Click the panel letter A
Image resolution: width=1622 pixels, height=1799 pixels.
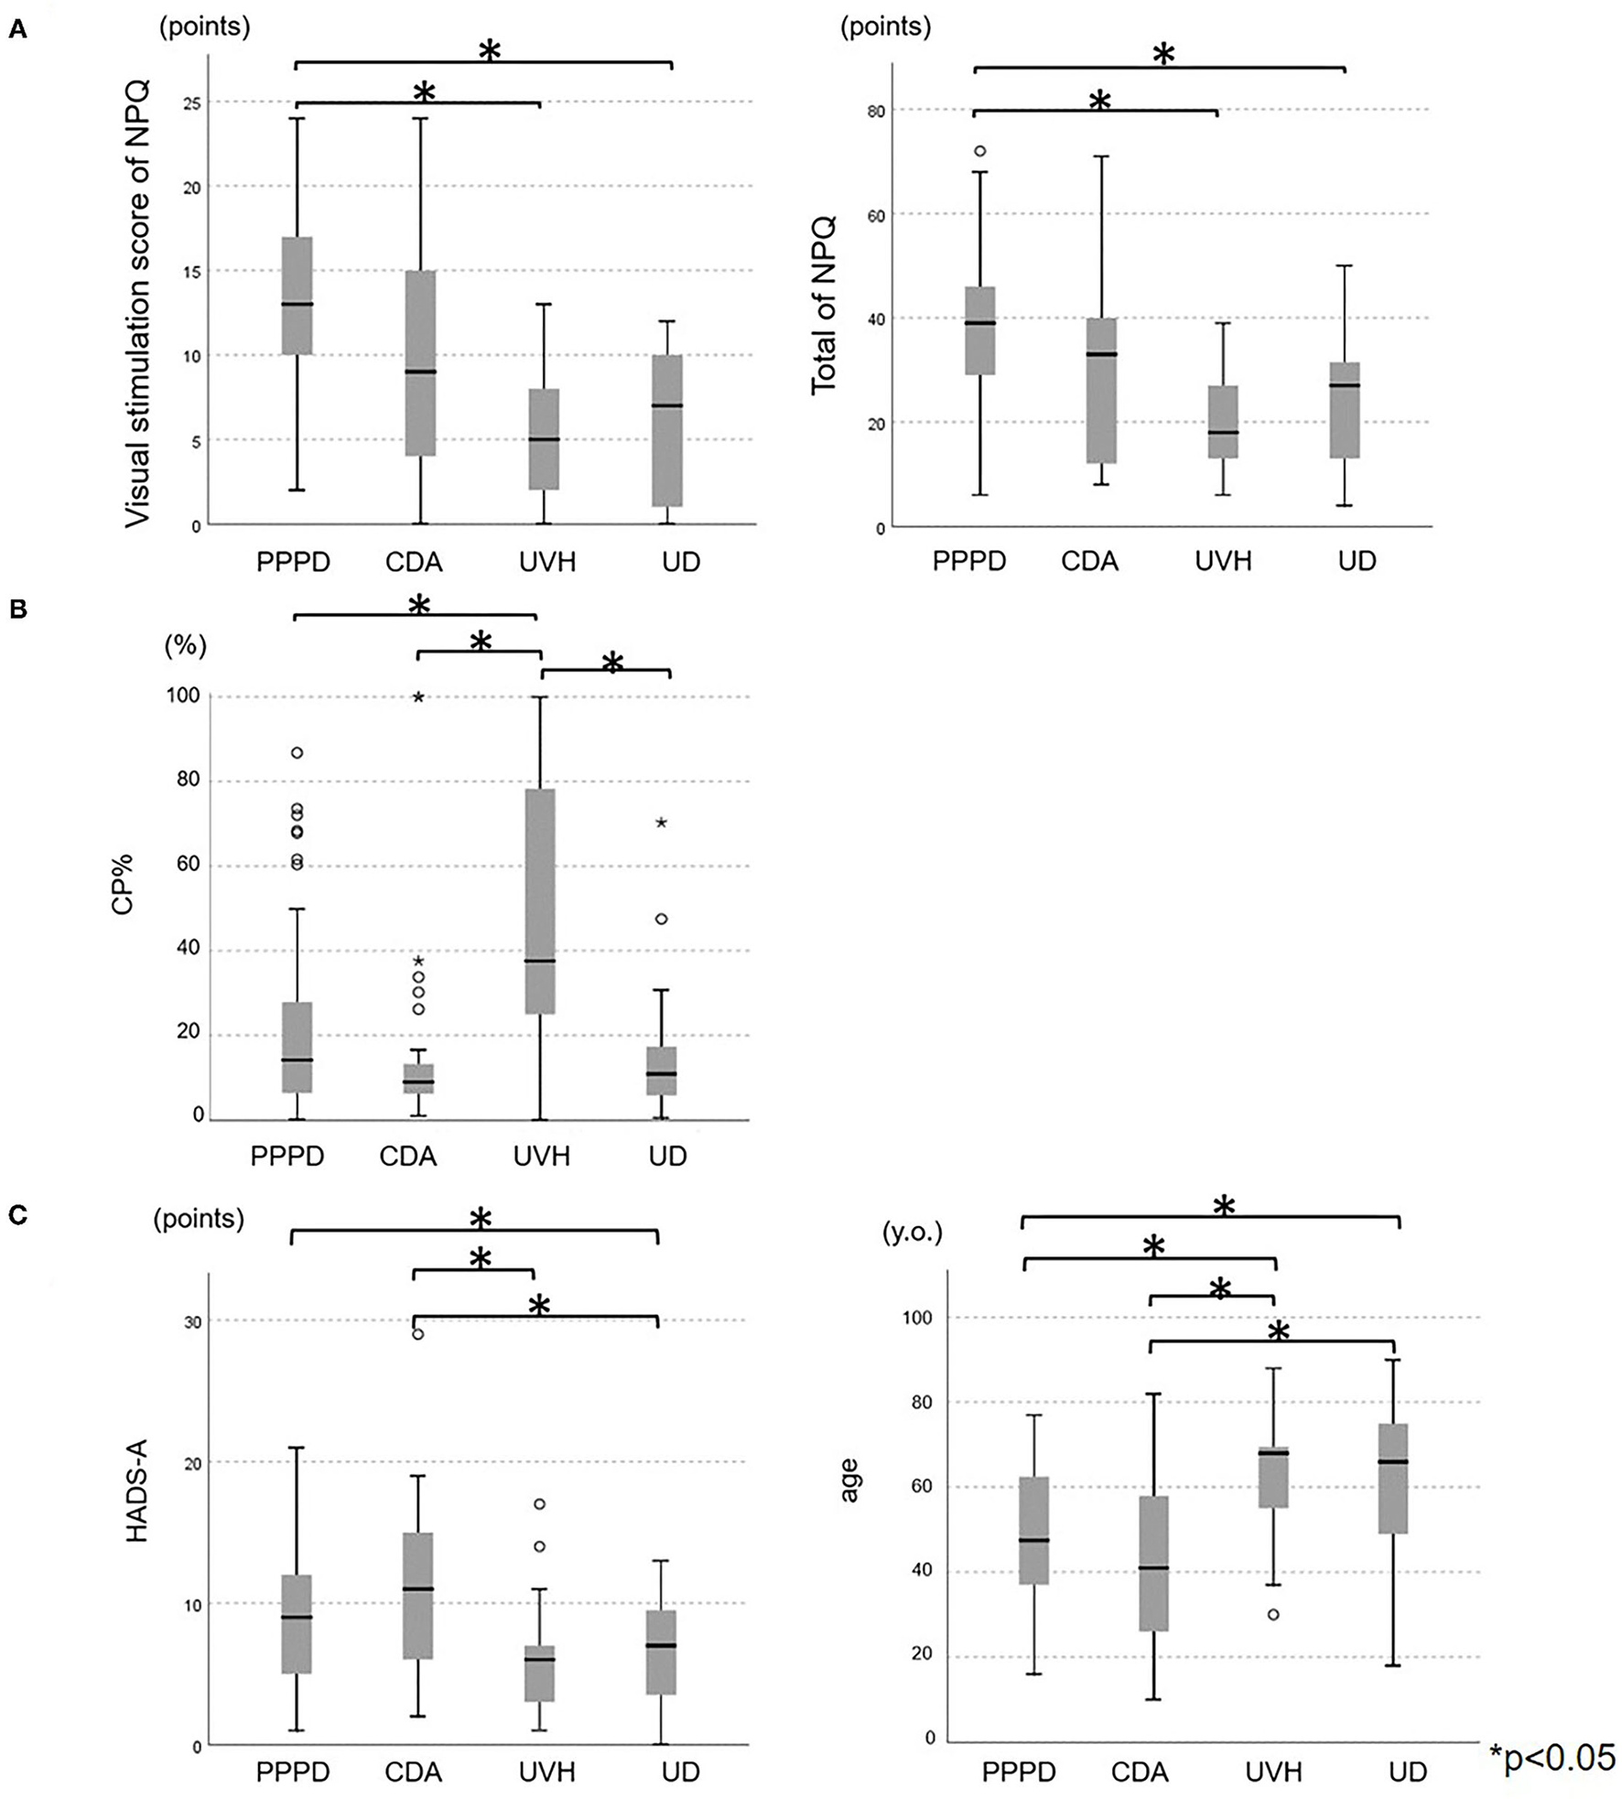(x=17, y=31)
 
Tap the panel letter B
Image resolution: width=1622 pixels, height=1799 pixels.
(x=17, y=610)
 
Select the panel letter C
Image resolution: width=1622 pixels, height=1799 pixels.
(x=17, y=1216)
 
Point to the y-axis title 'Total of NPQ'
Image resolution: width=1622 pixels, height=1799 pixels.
(x=824, y=304)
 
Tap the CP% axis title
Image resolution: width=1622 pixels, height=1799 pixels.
(x=122, y=883)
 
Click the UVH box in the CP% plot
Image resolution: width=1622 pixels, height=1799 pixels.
(x=541, y=901)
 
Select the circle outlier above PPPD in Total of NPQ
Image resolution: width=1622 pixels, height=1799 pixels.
(x=980, y=151)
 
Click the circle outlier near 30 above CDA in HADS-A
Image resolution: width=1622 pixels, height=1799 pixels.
(x=418, y=1334)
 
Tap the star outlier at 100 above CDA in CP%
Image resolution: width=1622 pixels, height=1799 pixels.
(x=418, y=697)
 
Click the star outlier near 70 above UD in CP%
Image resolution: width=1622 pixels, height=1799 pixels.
(x=661, y=823)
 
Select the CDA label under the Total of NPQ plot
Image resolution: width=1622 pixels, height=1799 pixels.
(x=1089, y=561)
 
